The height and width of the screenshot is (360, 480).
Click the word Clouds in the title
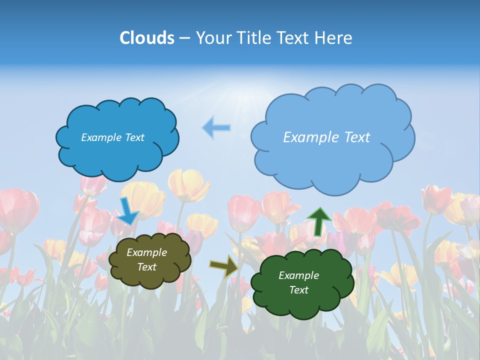(146, 38)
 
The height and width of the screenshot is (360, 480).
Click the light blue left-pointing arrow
(216, 127)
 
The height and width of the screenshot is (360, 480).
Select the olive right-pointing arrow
(223, 266)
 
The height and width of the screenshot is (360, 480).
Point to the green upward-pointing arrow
(318, 221)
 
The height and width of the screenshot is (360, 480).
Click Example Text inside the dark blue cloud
(112, 137)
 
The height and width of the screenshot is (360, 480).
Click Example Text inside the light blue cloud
(326, 137)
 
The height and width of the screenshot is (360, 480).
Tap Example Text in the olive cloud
(146, 260)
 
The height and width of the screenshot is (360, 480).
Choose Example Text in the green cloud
(298, 282)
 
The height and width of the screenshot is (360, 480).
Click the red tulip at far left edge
(17, 210)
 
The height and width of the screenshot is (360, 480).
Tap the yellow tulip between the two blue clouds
(189, 185)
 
